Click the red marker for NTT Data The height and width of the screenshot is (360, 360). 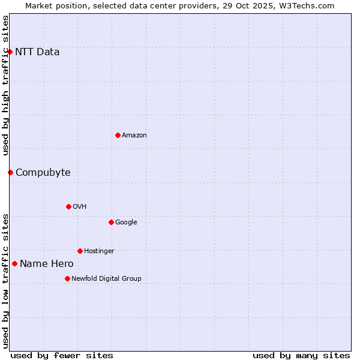(10, 52)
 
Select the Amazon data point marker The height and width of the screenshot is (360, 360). (118, 135)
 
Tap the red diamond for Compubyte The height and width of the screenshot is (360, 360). (10, 172)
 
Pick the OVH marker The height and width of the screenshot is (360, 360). (68, 206)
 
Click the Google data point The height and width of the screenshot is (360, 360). (111, 222)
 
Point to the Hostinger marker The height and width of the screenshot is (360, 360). (80, 251)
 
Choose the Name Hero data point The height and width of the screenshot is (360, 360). (14, 263)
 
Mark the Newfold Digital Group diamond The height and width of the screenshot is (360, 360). (67, 278)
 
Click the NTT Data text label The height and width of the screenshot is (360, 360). (37, 52)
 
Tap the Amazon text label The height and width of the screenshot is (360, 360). (134, 135)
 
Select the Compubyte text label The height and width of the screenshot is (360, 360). (43, 172)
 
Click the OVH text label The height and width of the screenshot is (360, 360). (80, 206)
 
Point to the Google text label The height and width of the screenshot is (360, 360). (126, 222)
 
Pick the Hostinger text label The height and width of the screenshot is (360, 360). (99, 251)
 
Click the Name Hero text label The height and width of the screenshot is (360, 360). (47, 263)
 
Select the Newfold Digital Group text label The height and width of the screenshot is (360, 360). (106, 278)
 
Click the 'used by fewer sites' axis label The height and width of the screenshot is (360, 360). (62, 355)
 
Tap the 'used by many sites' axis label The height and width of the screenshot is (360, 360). (301, 355)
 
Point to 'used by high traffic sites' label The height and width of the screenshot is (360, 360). (5, 85)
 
